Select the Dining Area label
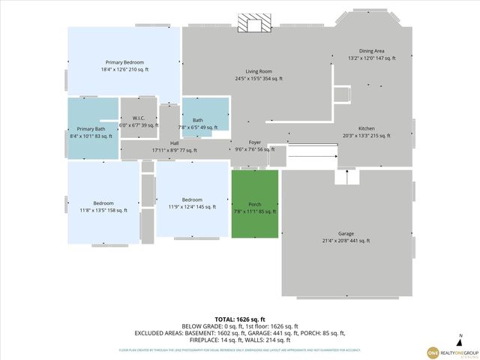pos(371,51)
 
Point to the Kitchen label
pos(366,128)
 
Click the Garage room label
pos(346,233)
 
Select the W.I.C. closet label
pos(139,118)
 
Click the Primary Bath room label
pos(91,129)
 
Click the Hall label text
pos(174,142)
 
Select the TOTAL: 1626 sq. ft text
pos(239,319)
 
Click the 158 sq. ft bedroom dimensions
pos(103,211)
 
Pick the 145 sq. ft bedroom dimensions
pos(192,206)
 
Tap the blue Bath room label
pos(197,120)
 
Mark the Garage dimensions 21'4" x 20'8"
pos(346,241)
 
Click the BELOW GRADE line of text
pos(239,326)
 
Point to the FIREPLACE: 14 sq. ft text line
pos(239,339)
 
